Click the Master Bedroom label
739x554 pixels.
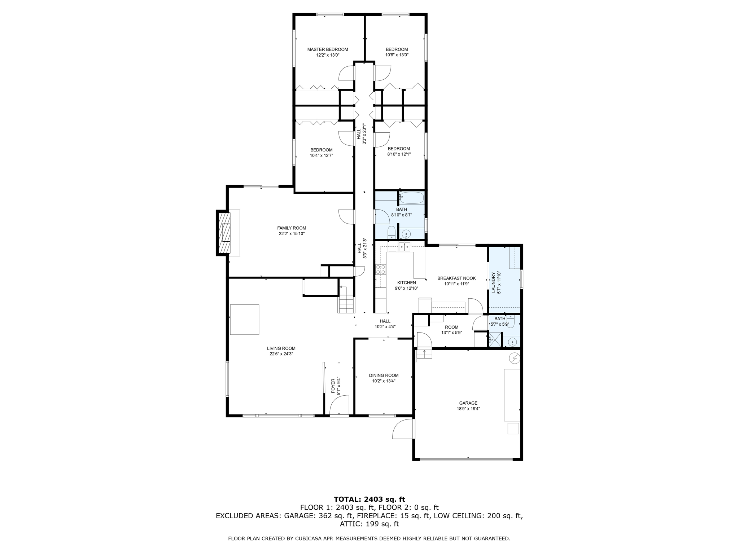[327, 49]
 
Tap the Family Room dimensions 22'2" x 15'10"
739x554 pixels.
[292, 234]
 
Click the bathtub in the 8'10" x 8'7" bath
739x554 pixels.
[412, 198]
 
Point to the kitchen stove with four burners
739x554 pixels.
[380, 269]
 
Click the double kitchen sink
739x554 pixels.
[404, 247]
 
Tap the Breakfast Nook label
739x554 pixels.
[456, 278]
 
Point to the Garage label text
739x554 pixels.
[468, 403]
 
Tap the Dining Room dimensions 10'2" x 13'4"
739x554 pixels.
[384, 381]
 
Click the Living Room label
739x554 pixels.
[281, 348]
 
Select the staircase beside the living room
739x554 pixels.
[346, 303]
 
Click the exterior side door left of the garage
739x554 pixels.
[403, 429]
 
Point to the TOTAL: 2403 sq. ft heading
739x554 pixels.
[369, 500]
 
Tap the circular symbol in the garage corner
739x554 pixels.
[515, 358]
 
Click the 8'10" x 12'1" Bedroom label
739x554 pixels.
[399, 149]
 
